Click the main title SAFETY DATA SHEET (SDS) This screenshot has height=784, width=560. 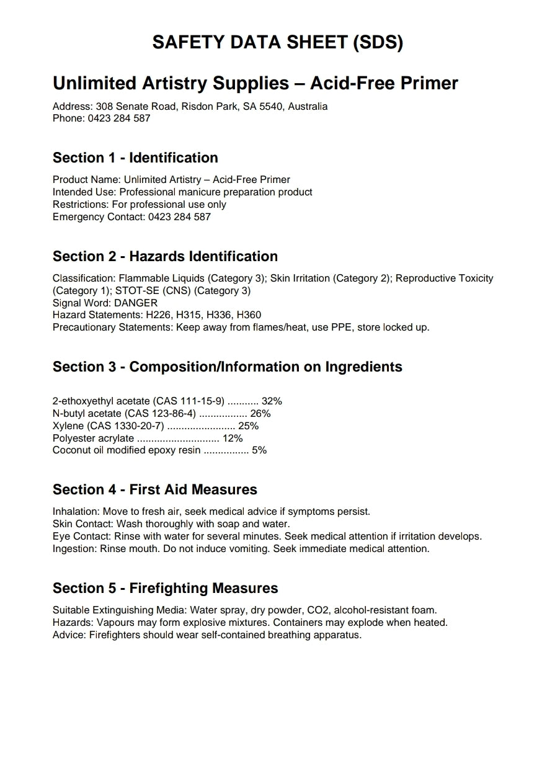[x=278, y=42]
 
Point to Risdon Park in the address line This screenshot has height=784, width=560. [x=209, y=106]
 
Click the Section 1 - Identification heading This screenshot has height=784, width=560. [x=135, y=158]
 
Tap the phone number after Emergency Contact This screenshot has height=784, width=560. [x=179, y=217]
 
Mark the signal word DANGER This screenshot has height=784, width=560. [x=136, y=303]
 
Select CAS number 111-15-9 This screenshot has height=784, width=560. [x=202, y=401]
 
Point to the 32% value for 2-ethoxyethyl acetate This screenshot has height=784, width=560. [x=272, y=401]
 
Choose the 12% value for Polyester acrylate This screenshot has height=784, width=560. [x=233, y=439]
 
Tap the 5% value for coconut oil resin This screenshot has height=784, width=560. [x=259, y=450]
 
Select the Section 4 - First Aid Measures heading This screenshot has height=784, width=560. [x=154, y=489]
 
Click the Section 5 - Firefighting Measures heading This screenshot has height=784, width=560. [x=165, y=588]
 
